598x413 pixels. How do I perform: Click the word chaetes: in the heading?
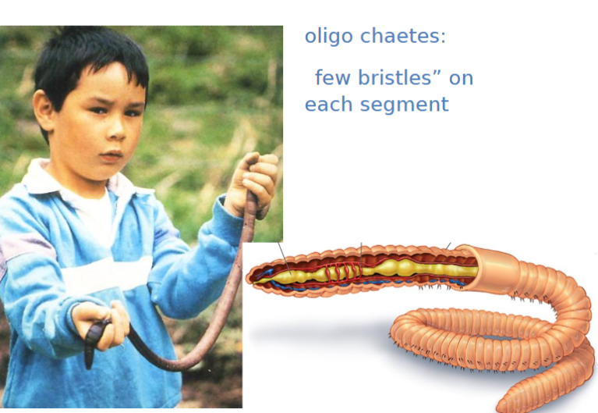coord(403,36)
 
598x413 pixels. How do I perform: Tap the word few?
coord(333,77)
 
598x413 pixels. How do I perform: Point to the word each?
coord(328,104)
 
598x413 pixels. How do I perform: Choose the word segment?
coord(405,105)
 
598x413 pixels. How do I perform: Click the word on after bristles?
coord(461,79)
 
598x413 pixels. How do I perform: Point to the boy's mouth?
coord(111,155)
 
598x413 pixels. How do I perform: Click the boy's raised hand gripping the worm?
coord(252,183)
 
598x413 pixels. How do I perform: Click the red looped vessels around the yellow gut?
coord(343,272)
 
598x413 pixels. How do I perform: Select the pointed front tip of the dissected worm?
coord(249,276)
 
